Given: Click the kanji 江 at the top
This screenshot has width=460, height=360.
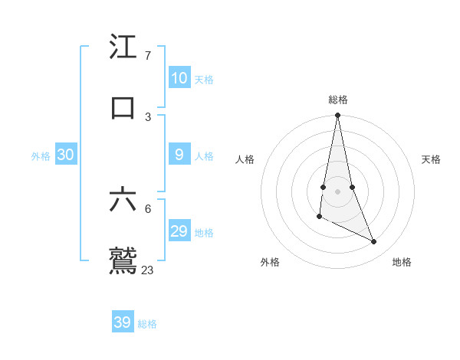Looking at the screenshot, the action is pyautogui.click(x=123, y=47).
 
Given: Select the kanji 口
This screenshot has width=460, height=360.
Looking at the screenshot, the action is pyautogui.click(x=123, y=107).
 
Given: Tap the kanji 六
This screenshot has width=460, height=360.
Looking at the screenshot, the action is pyautogui.click(x=123, y=200).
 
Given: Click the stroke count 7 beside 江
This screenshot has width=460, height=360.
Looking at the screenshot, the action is pyautogui.click(x=148, y=56).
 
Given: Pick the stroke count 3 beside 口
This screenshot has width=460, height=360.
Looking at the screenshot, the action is pyautogui.click(x=148, y=116).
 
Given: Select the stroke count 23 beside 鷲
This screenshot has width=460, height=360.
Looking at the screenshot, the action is pyautogui.click(x=148, y=270).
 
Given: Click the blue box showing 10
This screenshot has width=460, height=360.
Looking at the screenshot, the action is pyautogui.click(x=179, y=77).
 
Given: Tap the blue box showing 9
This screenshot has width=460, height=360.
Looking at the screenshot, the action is pyautogui.click(x=179, y=155).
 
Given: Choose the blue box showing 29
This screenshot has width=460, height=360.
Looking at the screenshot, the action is pyautogui.click(x=179, y=231).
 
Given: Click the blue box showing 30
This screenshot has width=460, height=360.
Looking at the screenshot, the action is pyautogui.click(x=66, y=155).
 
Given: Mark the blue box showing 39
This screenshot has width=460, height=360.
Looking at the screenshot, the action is pyautogui.click(x=123, y=322).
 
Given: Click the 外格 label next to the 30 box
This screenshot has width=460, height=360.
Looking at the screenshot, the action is pyautogui.click(x=41, y=156).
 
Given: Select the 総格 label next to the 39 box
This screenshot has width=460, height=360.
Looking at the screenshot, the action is pyautogui.click(x=147, y=324).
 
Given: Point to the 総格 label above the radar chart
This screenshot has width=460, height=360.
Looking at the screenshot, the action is pyautogui.click(x=338, y=100).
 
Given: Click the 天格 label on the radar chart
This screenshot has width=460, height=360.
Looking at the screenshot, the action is pyautogui.click(x=432, y=159).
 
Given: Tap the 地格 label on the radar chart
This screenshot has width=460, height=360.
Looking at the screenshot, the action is pyautogui.click(x=402, y=262).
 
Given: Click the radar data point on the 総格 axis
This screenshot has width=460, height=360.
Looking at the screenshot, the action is pyautogui.click(x=337, y=116).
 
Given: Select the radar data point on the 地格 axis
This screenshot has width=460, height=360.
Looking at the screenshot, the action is pyautogui.click(x=374, y=242).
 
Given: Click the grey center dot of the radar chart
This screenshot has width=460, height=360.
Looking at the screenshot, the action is pyautogui.click(x=337, y=191).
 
